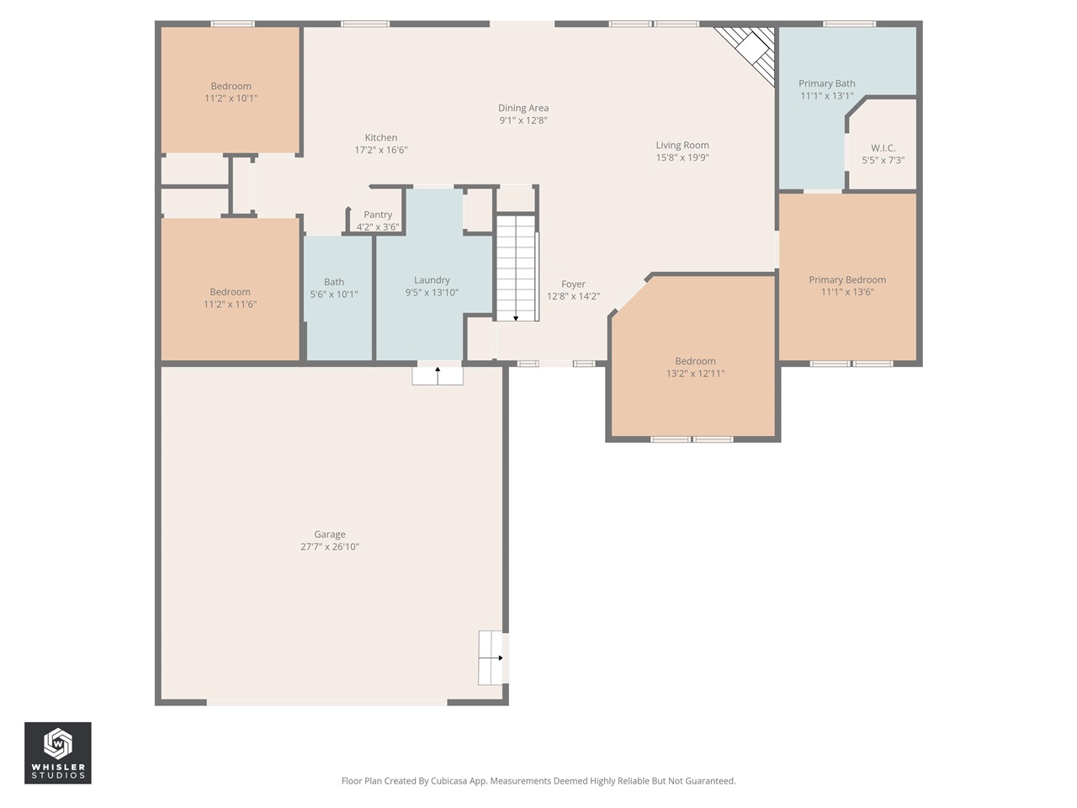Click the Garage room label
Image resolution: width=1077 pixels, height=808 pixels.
point(330,534)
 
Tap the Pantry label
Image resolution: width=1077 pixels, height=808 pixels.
point(378,215)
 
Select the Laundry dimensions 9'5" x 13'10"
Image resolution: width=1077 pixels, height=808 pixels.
point(432,293)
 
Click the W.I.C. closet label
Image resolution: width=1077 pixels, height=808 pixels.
point(883,148)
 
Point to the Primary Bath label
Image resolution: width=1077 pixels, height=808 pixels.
point(826,83)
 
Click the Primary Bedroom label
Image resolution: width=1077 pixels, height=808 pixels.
point(847,279)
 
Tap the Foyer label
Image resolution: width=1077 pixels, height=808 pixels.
point(573,284)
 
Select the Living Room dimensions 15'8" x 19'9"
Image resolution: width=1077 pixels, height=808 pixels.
point(682,157)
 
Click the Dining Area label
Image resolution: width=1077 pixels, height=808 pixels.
point(523,108)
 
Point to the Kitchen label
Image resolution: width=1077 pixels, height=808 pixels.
point(381,138)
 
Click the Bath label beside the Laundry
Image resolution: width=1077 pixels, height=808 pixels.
point(334,282)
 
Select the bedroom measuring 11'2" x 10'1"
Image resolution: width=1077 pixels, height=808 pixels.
point(231,92)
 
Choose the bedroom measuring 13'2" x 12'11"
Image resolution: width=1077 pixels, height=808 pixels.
point(695,367)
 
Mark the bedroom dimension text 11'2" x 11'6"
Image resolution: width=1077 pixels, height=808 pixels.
point(230,305)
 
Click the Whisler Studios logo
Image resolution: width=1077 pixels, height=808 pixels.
point(58,752)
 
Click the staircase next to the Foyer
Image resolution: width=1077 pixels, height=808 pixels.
point(517,268)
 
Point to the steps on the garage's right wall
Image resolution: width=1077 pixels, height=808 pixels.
point(491,657)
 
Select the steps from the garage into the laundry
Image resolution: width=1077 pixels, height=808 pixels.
point(438,375)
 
